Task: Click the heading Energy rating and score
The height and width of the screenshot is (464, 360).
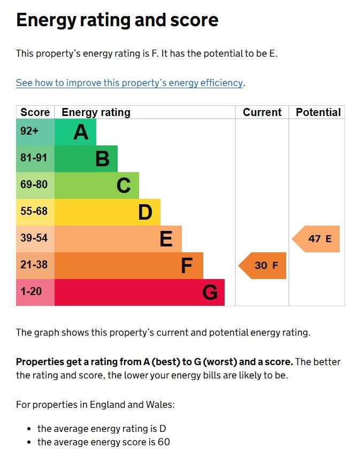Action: [117, 20]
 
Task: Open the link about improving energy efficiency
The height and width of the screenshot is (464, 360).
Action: [129, 83]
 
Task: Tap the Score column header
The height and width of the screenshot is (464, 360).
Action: [35, 112]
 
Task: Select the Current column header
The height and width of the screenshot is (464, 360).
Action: [262, 112]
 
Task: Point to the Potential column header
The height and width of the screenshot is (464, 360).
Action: [318, 112]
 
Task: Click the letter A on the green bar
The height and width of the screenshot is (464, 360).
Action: [80, 132]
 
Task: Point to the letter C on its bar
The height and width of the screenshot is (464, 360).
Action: [124, 185]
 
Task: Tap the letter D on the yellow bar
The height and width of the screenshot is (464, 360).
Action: [145, 212]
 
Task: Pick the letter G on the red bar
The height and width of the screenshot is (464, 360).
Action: [210, 292]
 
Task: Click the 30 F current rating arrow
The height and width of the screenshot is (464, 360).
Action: [263, 266]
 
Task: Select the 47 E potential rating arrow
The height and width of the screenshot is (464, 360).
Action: [317, 239]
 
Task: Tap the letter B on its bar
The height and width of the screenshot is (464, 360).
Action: [102, 159]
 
